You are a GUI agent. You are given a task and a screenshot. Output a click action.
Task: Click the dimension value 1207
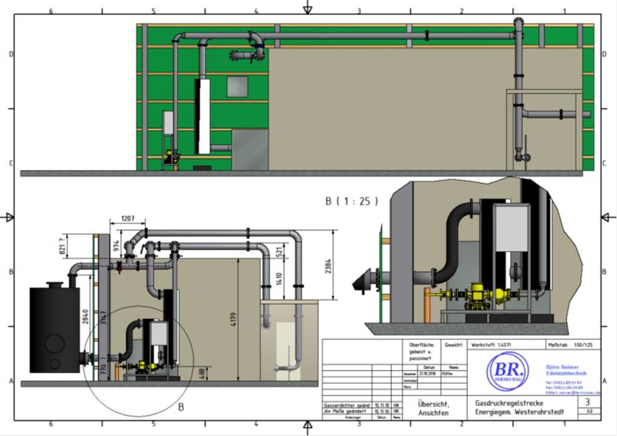coord(127,220)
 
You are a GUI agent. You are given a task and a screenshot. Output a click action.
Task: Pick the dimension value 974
coord(115,245)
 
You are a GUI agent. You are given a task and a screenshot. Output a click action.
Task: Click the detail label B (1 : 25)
coord(352,201)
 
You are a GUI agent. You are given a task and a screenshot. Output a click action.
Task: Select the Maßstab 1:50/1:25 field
coord(573,344)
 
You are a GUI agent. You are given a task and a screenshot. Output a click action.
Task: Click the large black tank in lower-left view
coord(54,330)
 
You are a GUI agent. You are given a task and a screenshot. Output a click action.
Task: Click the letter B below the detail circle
coord(181,407)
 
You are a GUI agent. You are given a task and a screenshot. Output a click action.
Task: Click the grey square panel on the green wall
coord(237,87)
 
